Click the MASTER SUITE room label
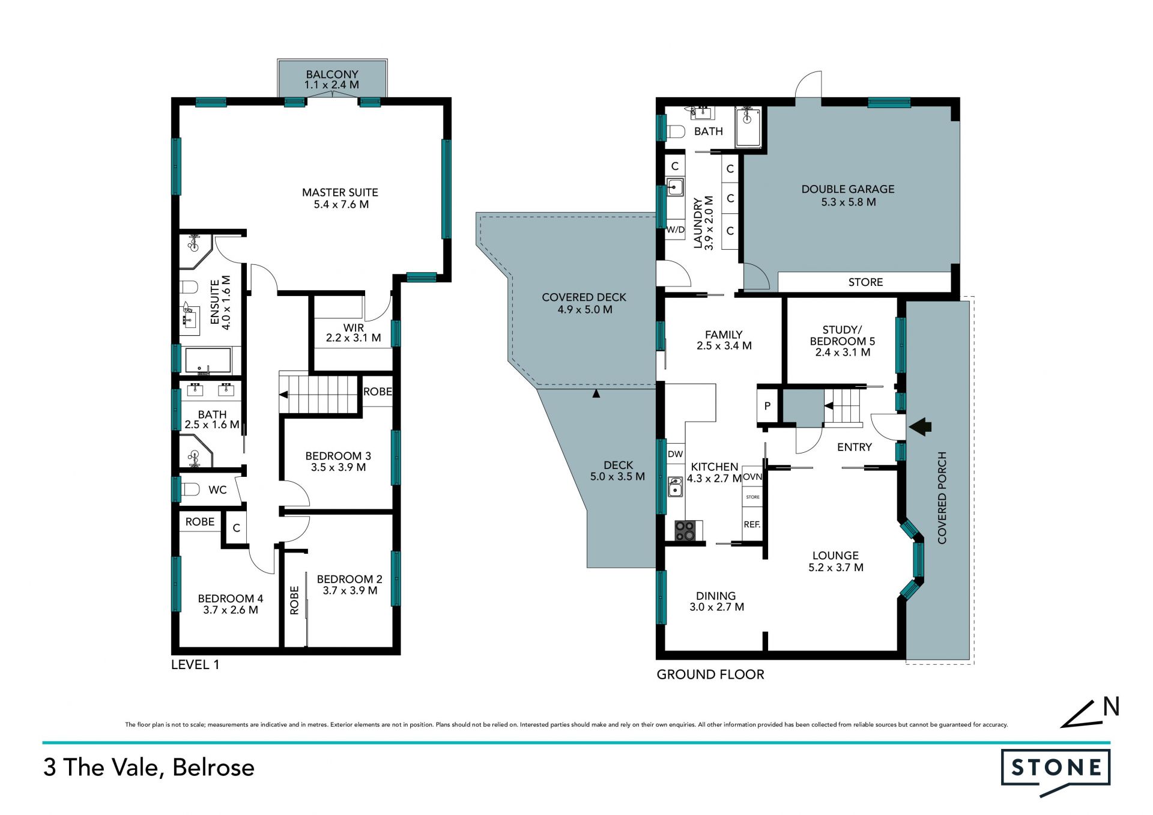(340, 193)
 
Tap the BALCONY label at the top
(332, 74)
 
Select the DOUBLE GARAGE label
(848, 189)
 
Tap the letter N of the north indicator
(1112, 707)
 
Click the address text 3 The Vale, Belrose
(149, 768)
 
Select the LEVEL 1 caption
(195, 665)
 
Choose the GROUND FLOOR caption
(710, 674)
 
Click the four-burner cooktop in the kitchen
(685, 531)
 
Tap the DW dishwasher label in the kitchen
(676, 454)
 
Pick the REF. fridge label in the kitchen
(752, 524)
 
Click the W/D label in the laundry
(675, 229)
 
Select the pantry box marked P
(767, 407)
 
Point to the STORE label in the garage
(865, 282)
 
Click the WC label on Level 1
(217, 490)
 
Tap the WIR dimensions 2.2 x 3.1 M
(353, 338)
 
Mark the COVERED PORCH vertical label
(942, 498)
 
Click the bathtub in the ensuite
(208, 361)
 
